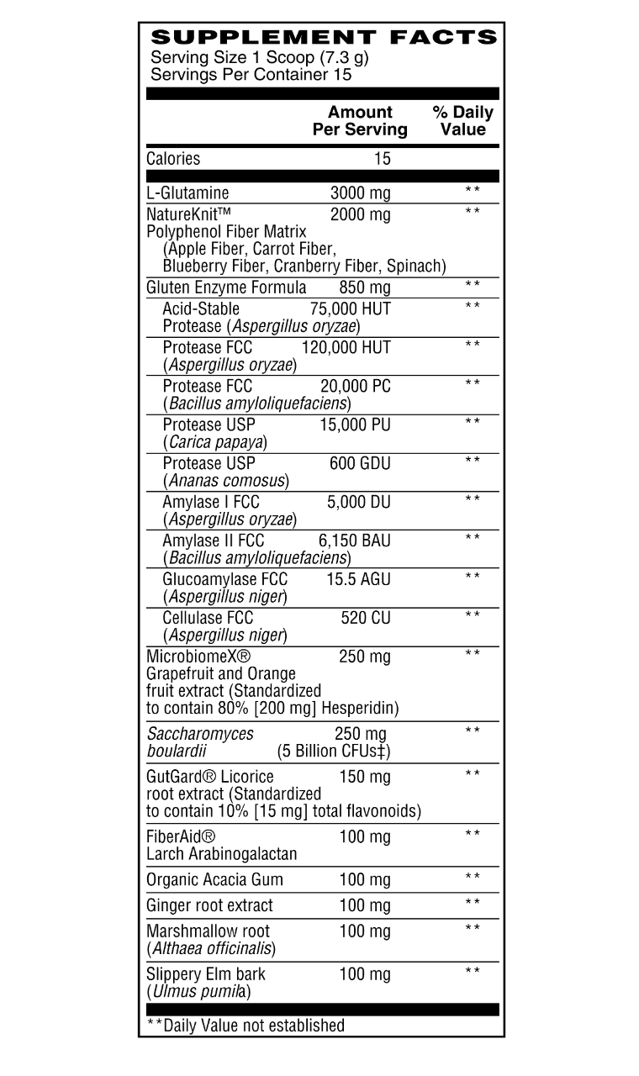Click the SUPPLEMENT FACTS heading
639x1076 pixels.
pyautogui.click(x=323, y=37)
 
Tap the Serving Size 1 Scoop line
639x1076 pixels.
pyautogui.click(x=259, y=58)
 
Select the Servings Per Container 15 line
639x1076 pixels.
pyautogui.click(x=251, y=74)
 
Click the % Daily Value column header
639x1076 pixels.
pyautogui.click(x=462, y=120)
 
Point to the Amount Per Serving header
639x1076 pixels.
pyautogui.click(x=360, y=120)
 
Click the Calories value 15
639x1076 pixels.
pyautogui.click(x=383, y=158)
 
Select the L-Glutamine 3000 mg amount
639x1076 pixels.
pyautogui.click(x=360, y=193)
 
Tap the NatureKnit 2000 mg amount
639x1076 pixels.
pyautogui.click(x=360, y=214)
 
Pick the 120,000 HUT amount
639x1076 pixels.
pyautogui.click(x=346, y=347)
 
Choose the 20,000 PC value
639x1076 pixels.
pyautogui.click(x=356, y=386)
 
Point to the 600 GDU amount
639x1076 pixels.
pyautogui.click(x=360, y=463)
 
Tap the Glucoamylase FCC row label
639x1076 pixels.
pyautogui.click(x=224, y=579)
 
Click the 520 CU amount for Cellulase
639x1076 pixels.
pyautogui.click(x=366, y=618)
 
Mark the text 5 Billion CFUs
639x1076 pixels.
pyautogui.click(x=333, y=751)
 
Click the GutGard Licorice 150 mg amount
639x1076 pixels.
pyautogui.click(x=365, y=777)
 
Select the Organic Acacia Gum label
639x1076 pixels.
pyautogui.click(x=214, y=879)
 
